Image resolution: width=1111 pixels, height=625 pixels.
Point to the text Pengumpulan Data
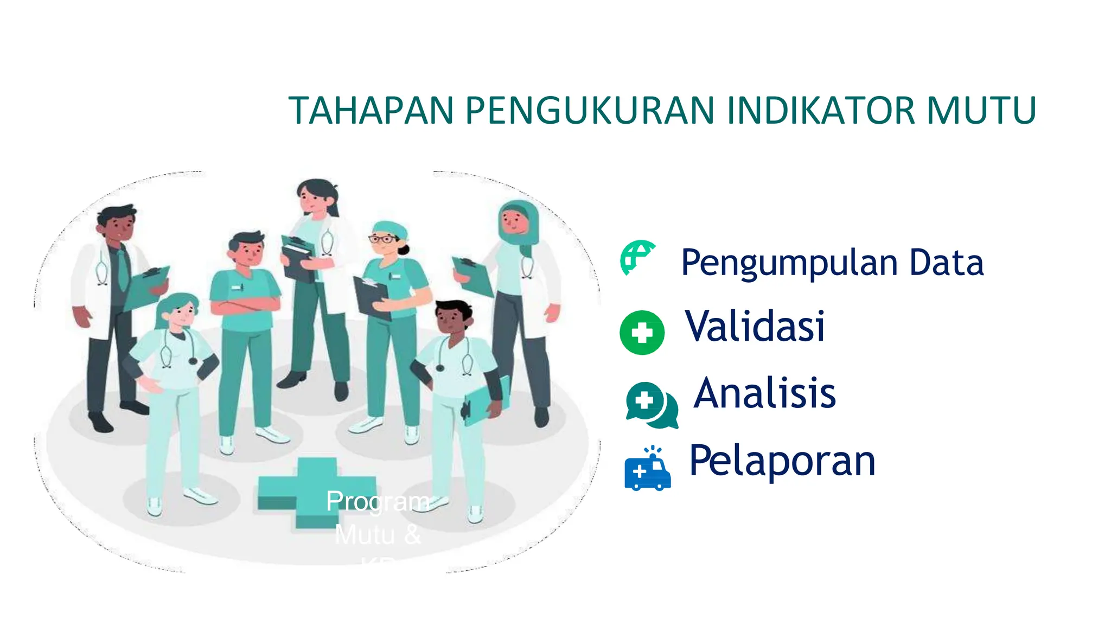click(x=832, y=263)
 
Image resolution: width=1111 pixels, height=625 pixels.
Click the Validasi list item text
click(x=755, y=327)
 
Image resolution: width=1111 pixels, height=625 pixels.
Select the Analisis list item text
click(x=765, y=393)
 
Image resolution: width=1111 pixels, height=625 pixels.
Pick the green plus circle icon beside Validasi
click(x=642, y=333)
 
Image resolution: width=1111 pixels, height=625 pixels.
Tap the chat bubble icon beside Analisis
click(x=650, y=405)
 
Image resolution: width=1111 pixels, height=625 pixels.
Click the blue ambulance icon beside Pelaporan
click(x=647, y=471)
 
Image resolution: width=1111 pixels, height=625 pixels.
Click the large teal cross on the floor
click(x=316, y=491)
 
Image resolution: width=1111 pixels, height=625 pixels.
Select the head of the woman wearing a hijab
click(x=517, y=220)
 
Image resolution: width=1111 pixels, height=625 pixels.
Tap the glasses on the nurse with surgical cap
click(x=383, y=239)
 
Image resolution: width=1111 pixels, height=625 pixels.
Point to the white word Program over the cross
click(x=378, y=501)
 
